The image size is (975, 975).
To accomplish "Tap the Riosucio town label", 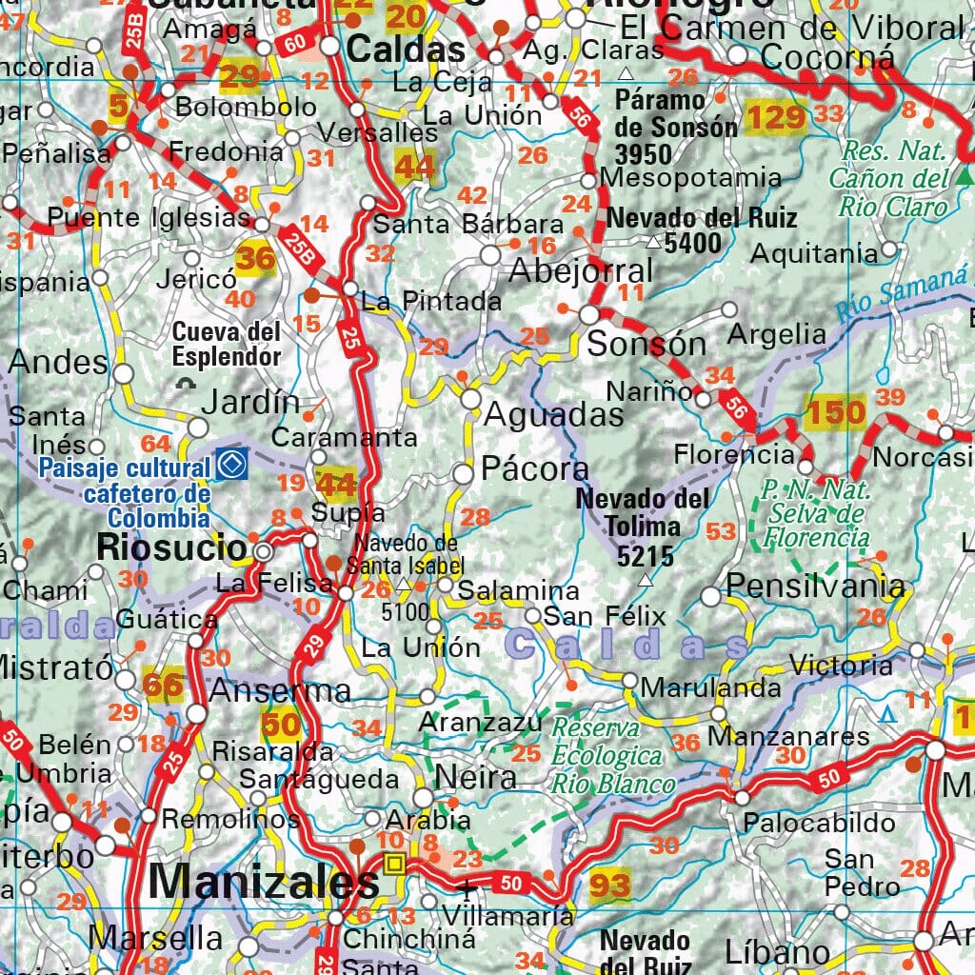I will pos(172,547).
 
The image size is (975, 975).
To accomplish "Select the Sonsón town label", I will pos(647,344).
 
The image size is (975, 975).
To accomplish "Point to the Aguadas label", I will pos(554,414).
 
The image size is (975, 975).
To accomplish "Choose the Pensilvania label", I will pos(814,586).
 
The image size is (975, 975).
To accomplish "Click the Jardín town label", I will pos(249,402).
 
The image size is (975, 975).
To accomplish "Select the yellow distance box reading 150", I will pos(835,412).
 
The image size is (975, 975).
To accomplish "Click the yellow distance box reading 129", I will pos(775,117).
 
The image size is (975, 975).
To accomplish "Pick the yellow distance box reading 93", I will pos(609,885).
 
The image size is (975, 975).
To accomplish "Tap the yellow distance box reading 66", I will pos(163,684).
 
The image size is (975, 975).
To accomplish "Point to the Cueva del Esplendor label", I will pos(227,344).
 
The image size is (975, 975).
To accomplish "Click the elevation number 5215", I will pos(645,556).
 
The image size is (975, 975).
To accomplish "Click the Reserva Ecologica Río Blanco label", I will pos(611,756).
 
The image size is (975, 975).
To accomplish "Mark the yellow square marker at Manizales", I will pos(394,864).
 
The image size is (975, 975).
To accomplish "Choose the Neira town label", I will pos(476,778).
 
